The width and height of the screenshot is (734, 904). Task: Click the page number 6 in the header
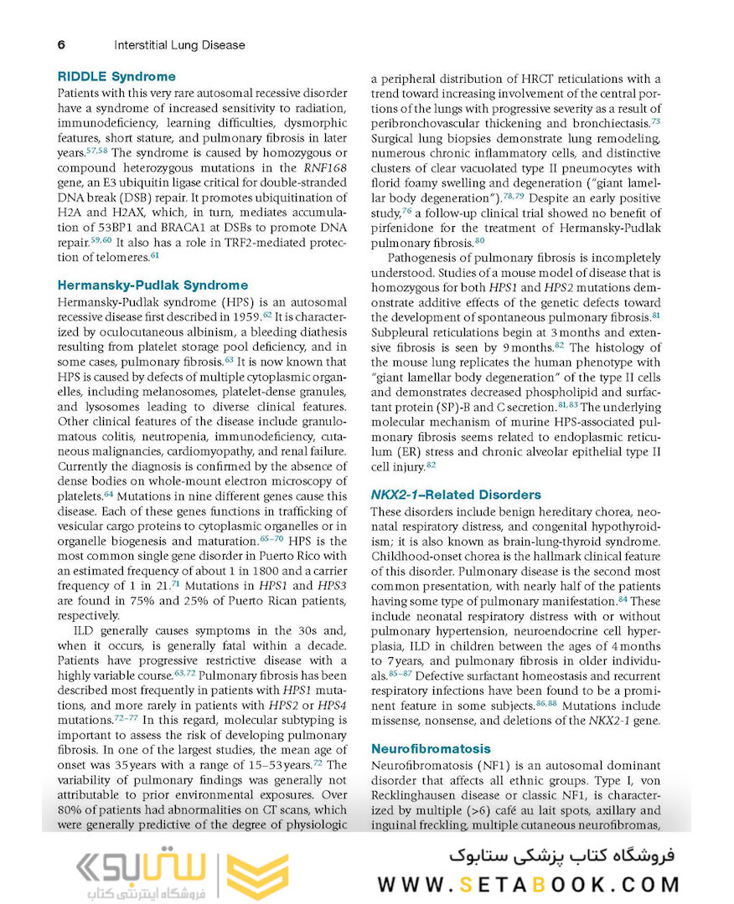pyautogui.click(x=61, y=44)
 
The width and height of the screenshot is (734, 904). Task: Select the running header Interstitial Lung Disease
pyautogui.click(x=179, y=44)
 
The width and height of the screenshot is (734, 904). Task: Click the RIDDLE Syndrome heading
pyautogui.click(x=116, y=76)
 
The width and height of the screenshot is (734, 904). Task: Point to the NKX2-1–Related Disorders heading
pyautogui.click(x=456, y=495)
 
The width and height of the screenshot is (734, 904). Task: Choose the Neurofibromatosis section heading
pyautogui.click(x=431, y=748)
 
